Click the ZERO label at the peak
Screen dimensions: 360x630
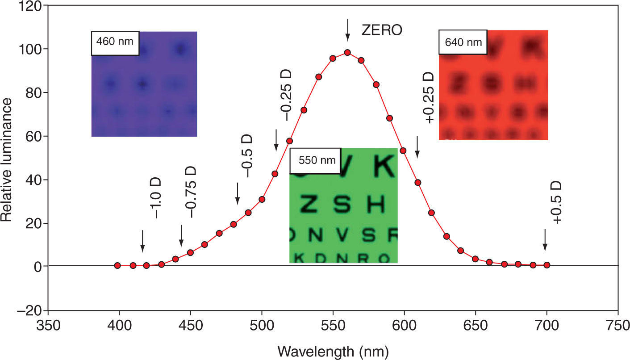pyautogui.click(x=382, y=30)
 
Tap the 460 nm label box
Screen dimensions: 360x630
pyautogui.click(x=115, y=43)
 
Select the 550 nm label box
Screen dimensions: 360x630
pyautogui.click(x=315, y=160)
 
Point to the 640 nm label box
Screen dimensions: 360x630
pyautogui.click(x=463, y=42)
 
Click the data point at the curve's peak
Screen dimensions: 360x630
pyautogui.click(x=347, y=52)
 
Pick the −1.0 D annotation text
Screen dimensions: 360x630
pyautogui.click(x=157, y=199)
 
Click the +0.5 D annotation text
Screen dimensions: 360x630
pyautogui.click(x=557, y=203)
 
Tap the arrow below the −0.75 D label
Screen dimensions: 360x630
pyautogui.click(x=181, y=236)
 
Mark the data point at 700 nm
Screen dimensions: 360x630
pyautogui.click(x=547, y=265)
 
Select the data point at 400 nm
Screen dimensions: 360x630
pyautogui.click(x=117, y=265)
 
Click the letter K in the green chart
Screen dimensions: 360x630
pyautogui.click(x=384, y=166)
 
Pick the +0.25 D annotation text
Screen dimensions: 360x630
pyautogui.click(x=429, y=98)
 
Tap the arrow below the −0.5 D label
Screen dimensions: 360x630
pyautogui.click(x=238, y=194)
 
